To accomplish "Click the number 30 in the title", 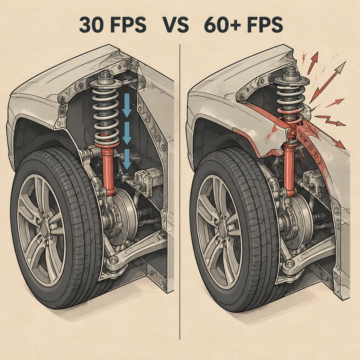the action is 91,25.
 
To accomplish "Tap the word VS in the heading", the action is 176,25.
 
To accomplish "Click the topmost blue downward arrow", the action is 127,105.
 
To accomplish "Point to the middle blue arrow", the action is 127,133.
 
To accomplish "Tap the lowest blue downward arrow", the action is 127,160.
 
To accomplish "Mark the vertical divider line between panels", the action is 180,192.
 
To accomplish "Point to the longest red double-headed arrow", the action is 328,82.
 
